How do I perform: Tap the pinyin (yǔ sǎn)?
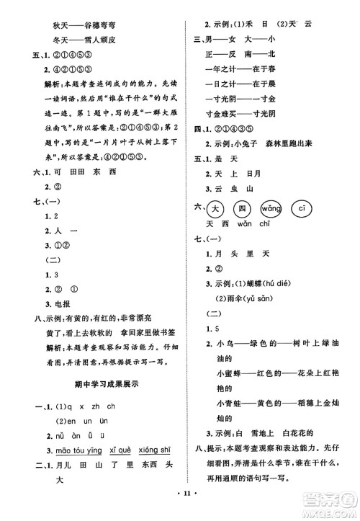(260, 298)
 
